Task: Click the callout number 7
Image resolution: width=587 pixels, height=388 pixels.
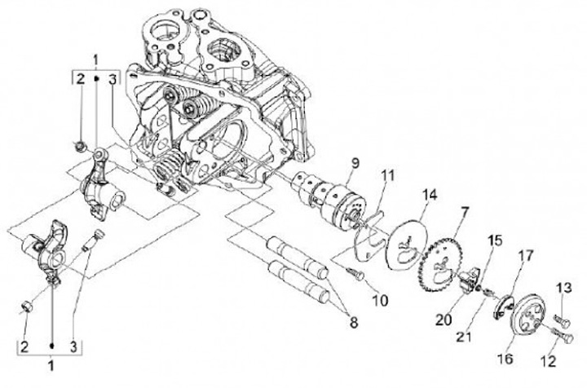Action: pyautogui.click(x=464, y=213)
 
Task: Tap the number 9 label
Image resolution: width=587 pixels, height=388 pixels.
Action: pyautogui.click(x=355, y=163)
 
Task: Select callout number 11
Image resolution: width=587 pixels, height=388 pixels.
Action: pyautogui.click(x=387, y=174)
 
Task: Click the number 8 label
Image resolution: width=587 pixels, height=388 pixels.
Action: pyautogui.click(x=352, y=322)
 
